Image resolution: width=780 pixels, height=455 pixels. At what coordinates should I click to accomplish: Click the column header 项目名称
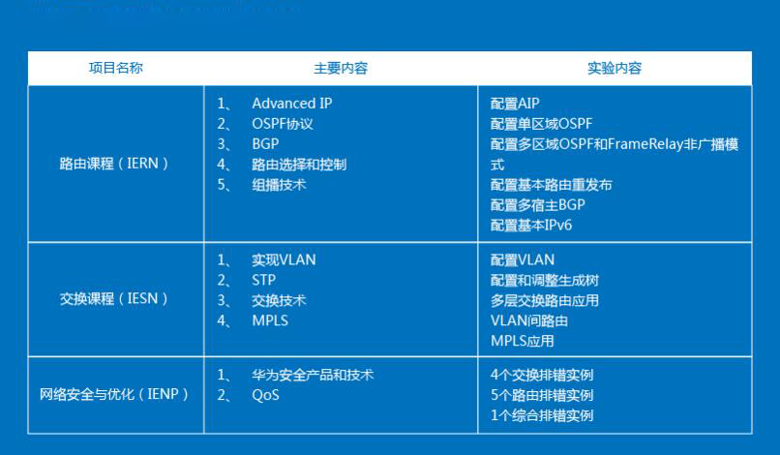(115, 68)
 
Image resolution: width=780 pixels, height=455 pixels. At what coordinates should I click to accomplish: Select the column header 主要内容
(340, 69)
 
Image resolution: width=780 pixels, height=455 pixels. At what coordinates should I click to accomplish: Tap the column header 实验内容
(614, 69)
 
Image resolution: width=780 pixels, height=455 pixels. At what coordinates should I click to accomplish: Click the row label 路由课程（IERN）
(115, 164)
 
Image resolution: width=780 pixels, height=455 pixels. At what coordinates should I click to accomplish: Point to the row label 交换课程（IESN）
(115, 299)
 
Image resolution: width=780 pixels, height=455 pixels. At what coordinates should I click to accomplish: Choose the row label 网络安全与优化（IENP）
(115, 395)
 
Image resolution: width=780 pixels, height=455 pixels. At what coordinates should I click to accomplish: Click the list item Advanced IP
(291, 104)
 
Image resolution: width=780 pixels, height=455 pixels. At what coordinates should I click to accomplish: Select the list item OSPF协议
(283, 124)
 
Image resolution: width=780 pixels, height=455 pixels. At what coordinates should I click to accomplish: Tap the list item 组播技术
(279, 185)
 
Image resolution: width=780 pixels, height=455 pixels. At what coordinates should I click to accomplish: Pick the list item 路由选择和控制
(299, 165)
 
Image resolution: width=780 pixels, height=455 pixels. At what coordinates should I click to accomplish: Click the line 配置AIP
(515, 104)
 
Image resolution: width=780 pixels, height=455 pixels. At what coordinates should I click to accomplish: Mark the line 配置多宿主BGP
(538, 205)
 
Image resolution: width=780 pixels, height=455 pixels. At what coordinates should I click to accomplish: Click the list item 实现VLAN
(284, 259)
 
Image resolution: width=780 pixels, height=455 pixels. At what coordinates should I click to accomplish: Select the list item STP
(264, 280)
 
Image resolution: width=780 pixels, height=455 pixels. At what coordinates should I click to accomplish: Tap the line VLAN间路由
(529, 320)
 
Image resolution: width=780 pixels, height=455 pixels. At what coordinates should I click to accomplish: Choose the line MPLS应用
(523, 341)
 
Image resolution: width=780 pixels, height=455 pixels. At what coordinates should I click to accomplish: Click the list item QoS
(265, 395)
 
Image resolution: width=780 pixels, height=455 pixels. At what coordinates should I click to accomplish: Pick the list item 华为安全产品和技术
(313, 375)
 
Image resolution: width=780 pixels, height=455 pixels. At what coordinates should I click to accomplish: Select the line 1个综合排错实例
(542, 415)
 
